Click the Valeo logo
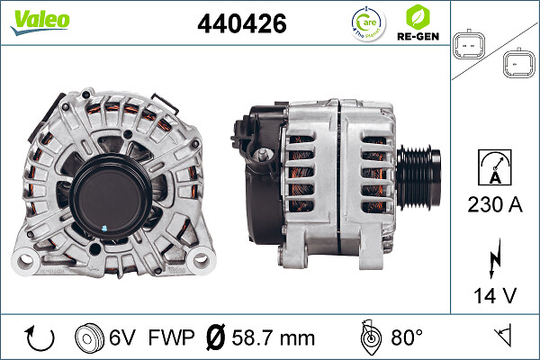[x=40, y=22]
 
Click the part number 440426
[x=242, y=23]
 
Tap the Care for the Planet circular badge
[x=368, y=23]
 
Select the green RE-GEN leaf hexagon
[x=418, y=16]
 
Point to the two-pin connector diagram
[x=468, y=45]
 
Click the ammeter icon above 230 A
[x=495, y=167]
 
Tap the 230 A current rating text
[x=494, y=204]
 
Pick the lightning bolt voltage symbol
[x=495, y=258]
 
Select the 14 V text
[x=495, y=295]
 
